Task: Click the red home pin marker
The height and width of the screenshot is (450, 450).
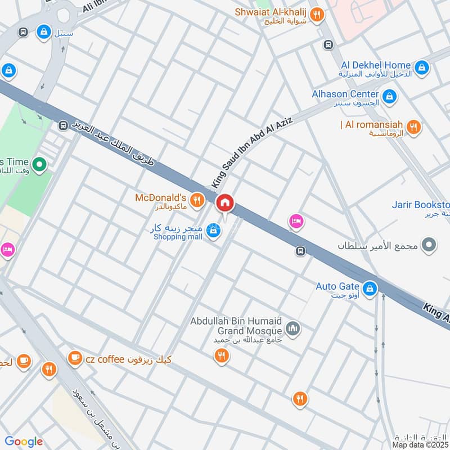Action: tap(225, 203)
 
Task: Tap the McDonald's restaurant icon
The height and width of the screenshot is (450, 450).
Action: tap(196, 200)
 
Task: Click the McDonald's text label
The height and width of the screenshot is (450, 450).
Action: tap(160, 198)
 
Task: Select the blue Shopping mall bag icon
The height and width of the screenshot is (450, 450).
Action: tap(212, 231)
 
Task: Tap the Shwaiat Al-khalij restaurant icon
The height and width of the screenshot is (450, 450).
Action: tap(317, 15)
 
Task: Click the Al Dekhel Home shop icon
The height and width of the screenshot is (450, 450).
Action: tap(422, 69)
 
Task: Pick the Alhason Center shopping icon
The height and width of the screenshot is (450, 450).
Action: tap(389, 98)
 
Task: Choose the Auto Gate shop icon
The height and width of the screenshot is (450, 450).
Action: tap(370, 289)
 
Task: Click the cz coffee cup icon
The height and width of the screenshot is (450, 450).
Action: tap(74, 358)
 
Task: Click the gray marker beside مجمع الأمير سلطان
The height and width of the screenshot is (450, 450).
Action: tap(429, 245)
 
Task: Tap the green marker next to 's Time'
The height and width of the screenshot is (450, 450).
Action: tap(39, 165)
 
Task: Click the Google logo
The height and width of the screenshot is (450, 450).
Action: tap(24, 442)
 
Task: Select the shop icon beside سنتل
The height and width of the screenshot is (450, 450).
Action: tap(43, 33)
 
